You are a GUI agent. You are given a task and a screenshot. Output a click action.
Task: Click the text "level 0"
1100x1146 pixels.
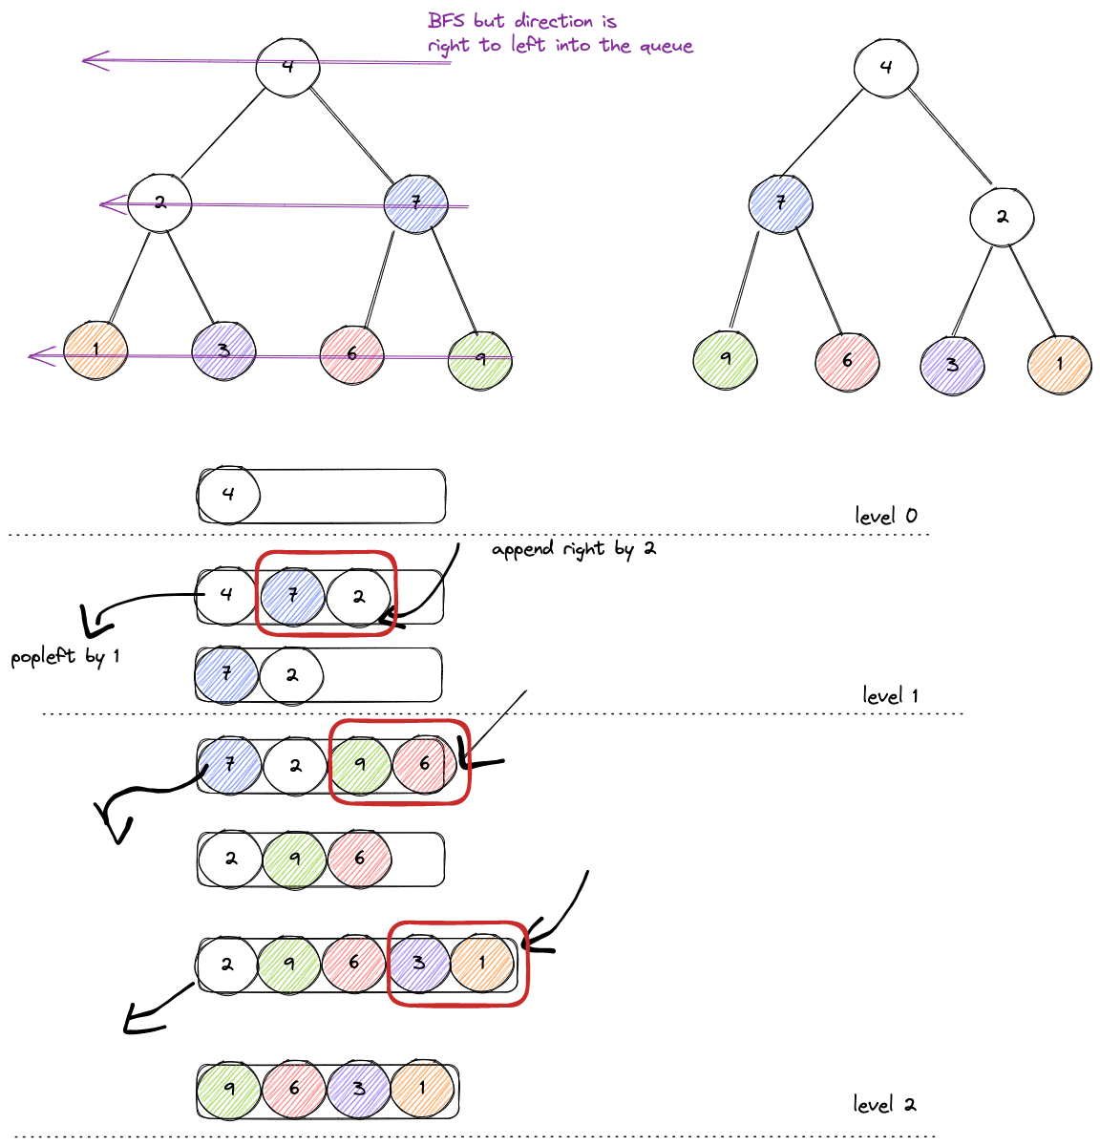(x=886, y=516)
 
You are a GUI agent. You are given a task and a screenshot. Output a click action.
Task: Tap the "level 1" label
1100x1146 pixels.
(x=890, y=695)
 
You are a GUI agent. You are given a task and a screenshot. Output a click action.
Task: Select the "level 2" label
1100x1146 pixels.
(x=884, y=1105)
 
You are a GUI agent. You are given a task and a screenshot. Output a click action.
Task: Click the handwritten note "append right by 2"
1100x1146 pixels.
(x=574, y=549)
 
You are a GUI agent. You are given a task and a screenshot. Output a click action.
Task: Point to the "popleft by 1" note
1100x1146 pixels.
(x=65, y=657)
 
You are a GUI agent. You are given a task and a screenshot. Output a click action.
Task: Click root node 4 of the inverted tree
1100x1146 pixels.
(x=886, y=66)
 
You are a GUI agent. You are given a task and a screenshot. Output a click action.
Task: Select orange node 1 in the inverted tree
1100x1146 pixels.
(x=1059, y=364)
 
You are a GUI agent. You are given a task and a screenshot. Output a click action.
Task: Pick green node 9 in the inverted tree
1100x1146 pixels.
(x=726, y=359)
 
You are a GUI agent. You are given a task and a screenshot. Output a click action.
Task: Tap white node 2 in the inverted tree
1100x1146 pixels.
(x=1002, y=217)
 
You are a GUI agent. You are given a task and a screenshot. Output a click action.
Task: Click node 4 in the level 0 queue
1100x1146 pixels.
(x=227, y=494)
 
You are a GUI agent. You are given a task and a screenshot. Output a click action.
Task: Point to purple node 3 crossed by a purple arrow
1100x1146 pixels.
(x=223, y=350)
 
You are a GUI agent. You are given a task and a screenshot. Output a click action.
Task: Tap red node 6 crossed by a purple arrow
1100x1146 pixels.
(x=351, y=354)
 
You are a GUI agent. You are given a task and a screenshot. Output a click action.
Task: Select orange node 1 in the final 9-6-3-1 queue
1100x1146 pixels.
(x=422, y=1088)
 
